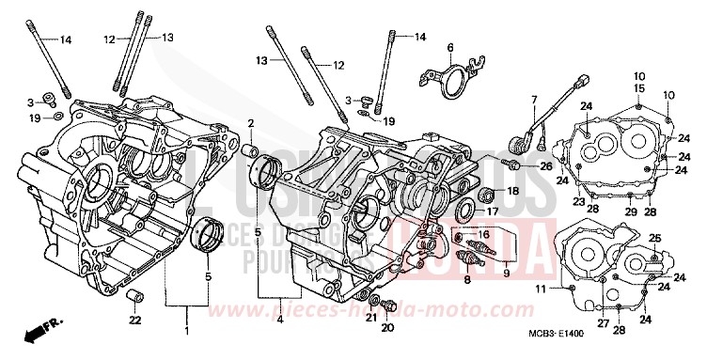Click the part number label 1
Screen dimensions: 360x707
coord(185,332)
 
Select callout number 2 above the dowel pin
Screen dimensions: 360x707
coord(251,123)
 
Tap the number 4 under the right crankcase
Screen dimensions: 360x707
coord(279,320)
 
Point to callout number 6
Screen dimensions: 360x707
coord(449,47)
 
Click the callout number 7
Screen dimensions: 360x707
coord(533,100)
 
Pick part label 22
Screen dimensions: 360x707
coord(134,321)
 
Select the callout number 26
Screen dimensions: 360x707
coord(546,165)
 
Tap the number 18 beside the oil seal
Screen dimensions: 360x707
coord(512,191)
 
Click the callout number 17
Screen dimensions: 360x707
coord(492,212)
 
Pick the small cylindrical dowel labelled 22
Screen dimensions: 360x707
coord(134,298)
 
